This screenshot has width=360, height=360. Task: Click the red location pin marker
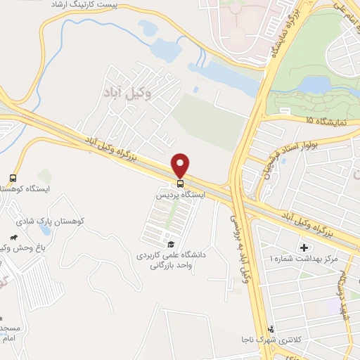pyautogui.click(x=181, y=165)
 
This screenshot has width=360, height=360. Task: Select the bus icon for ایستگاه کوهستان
pyautogui.click(x=13, y=178)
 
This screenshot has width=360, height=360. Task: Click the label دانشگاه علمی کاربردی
pyautogui.click(x=170, y=256)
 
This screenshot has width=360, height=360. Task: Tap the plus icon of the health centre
pyautogui.click(x=304, y=247)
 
